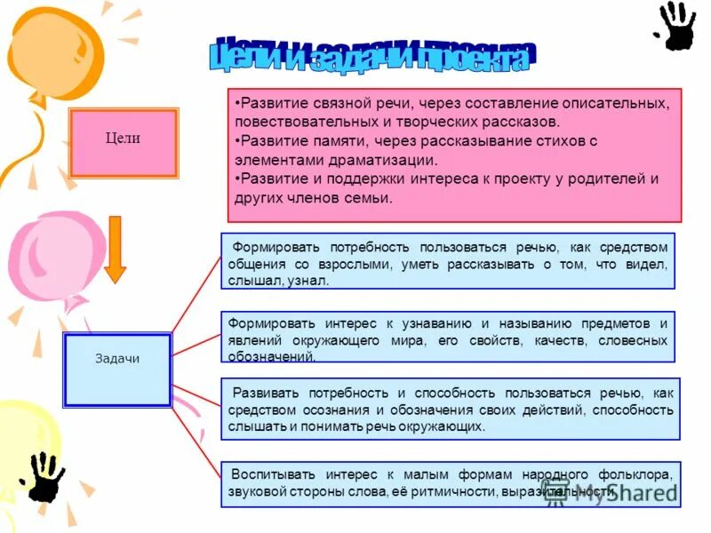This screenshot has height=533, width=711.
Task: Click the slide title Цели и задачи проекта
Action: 373,55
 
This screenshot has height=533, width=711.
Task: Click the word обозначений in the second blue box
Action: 271,357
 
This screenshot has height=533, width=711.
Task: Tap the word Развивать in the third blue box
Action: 263,393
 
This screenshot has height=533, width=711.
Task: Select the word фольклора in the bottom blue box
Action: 635,474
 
